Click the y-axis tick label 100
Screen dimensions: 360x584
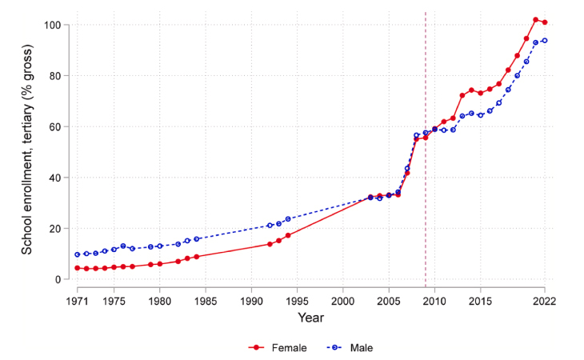click(x=52, y=25)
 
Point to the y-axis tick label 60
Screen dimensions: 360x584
click(x=54, y=126)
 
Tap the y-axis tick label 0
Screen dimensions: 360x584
click(x=58, y=279)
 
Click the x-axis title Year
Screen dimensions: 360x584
click(x=310, y=318)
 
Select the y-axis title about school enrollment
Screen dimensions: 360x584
click(x=27, y=152)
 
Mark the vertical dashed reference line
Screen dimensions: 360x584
click(x=426, y=160)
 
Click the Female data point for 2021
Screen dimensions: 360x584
click(x=536, y=20)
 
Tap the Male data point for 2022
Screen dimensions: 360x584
click(x=545, y=40)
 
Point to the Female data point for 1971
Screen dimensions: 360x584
click(x=78, y=268)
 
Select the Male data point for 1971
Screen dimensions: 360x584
click(x=78, y=254)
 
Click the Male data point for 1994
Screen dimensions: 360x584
click(x=288, y=218)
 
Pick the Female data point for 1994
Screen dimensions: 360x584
click(x=288, y=235)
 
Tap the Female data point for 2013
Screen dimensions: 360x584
click(x=462, y=95)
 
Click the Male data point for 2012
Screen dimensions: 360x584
click(x=453, y=130)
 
